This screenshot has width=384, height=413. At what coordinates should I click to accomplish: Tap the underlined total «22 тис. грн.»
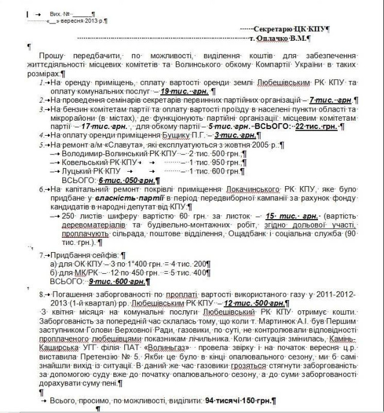coord(316,127)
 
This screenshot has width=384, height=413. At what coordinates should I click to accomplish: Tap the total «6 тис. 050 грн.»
coord(126,180)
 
